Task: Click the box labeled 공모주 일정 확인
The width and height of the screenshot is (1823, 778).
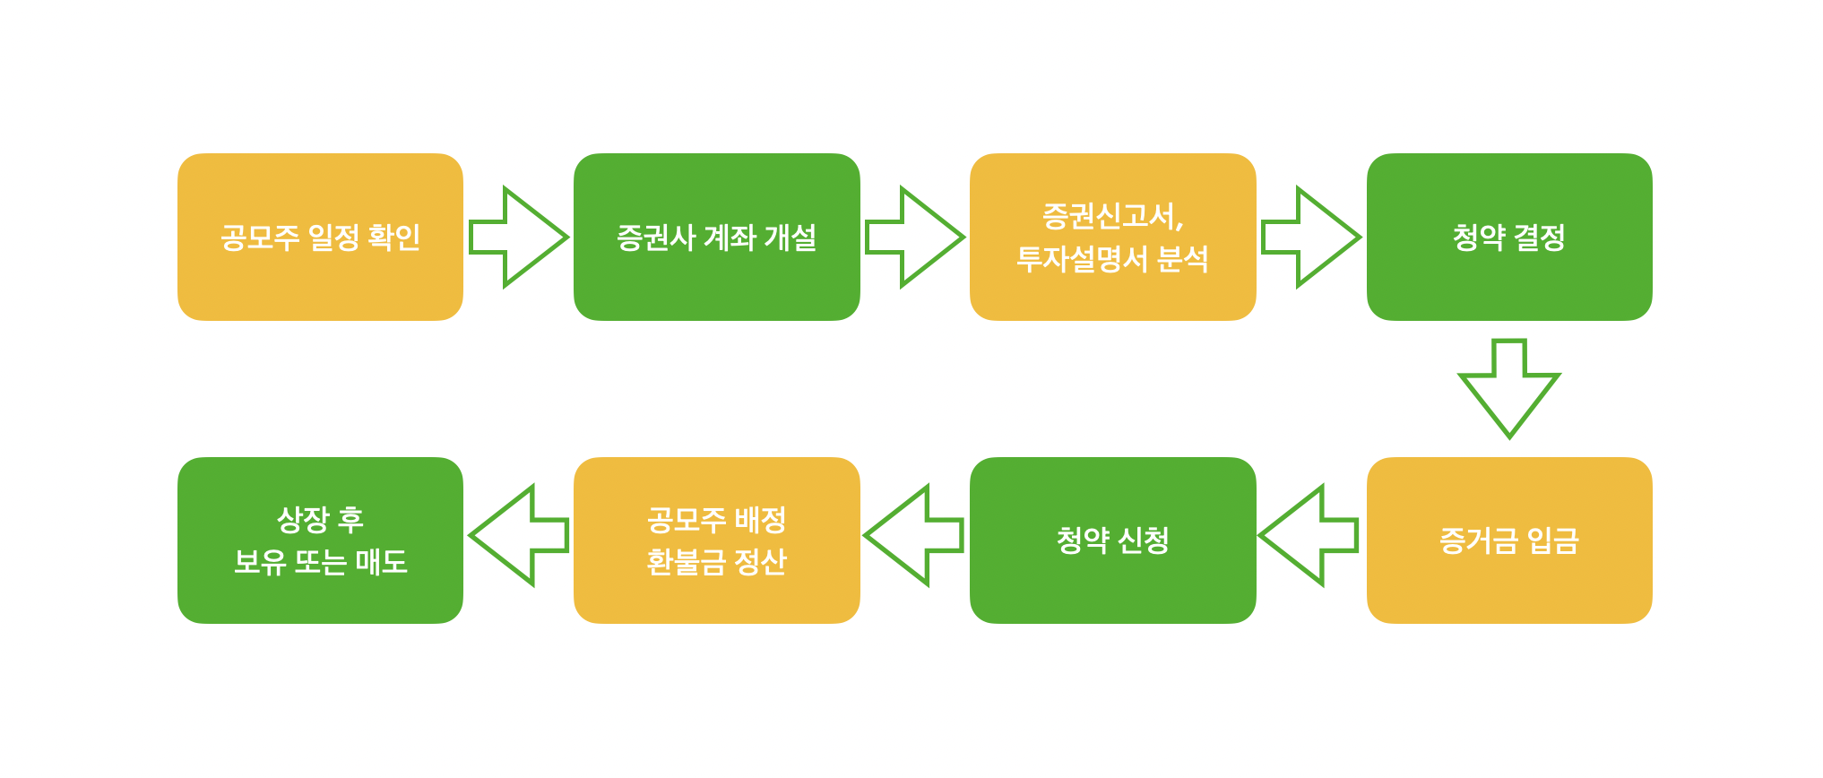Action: click(320, 237)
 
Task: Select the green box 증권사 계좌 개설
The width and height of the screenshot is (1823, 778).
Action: click(716, 237)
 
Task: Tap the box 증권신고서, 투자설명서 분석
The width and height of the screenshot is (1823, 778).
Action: click(1112, 237)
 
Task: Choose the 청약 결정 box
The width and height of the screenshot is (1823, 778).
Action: click(1508, 237)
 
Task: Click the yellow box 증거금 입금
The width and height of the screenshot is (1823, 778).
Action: click(1508, 540)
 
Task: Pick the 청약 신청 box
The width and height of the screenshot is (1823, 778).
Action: click(1112, 540)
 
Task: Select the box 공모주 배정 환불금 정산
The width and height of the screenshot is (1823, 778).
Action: click(716, 540)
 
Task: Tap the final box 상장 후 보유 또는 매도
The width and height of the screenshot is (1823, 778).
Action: click(320, 540)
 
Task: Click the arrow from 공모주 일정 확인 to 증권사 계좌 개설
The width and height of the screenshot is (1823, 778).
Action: click(519, 237)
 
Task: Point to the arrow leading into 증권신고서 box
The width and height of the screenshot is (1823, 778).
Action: click(914, 237)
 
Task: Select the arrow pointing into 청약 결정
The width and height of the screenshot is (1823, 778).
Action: click(1310, 237)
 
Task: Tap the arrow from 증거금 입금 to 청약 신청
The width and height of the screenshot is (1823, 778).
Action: click(1309, 536)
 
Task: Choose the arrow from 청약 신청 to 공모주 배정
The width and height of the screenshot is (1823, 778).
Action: click(914, 536)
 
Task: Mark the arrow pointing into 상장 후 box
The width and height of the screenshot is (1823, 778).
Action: click(519, 536)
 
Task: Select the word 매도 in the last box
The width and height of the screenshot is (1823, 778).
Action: click(382, 562)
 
